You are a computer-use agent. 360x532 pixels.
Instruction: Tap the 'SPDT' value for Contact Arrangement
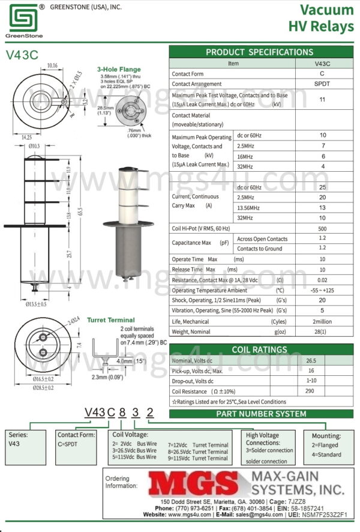(322, 84)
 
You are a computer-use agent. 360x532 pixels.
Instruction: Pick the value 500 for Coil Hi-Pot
(322, 228)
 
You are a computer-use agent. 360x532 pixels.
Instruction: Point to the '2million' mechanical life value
(322, 321)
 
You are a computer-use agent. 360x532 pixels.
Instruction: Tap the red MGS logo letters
(192, 483)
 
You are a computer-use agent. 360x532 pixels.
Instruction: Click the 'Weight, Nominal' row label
(191, 332)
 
